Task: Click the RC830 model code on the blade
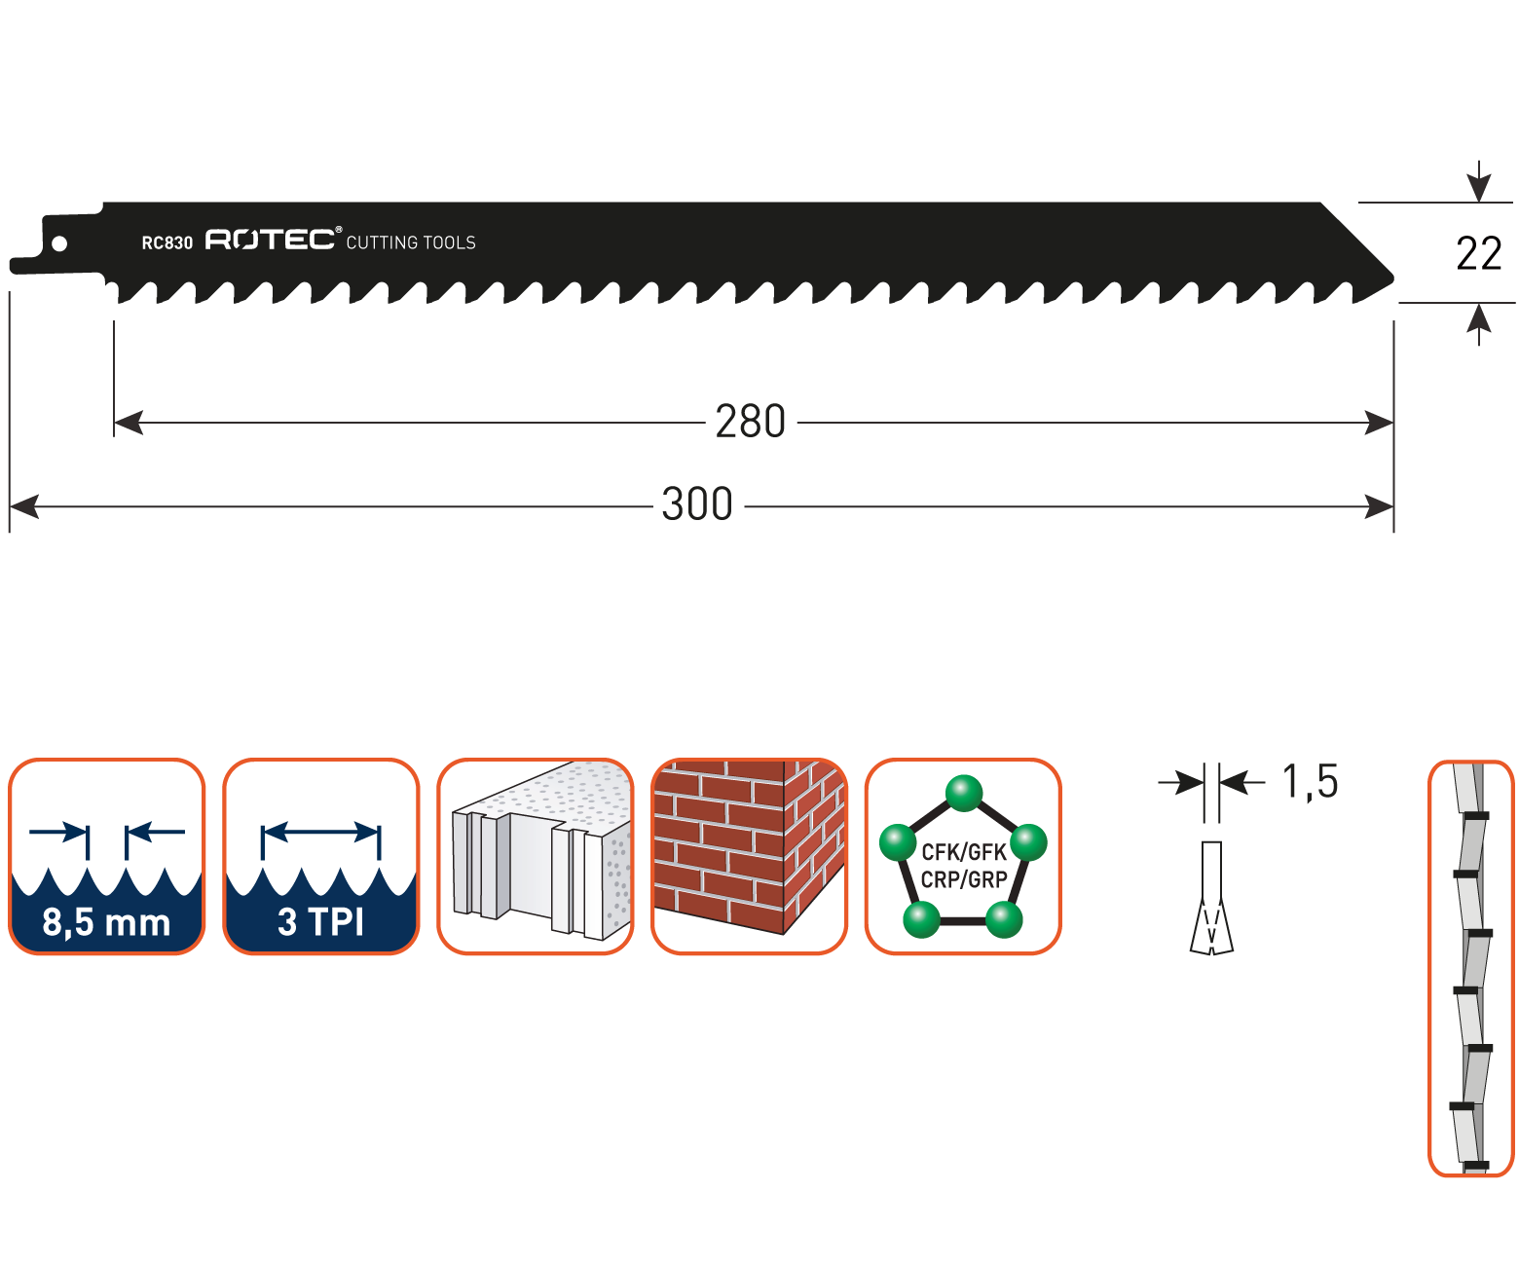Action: (x=167, y=242)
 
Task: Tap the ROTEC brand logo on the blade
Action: (x=272, y=240)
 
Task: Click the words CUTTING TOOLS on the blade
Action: (x=411, y=242)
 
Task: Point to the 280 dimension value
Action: (x=750, y=423)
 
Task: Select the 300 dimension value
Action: (x=696, y=505)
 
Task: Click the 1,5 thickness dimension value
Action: (x=1310, y=781)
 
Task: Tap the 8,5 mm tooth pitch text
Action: (x=106, y=922)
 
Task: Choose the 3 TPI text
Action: (x=320, y=922)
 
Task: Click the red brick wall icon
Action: (x=749, y=856)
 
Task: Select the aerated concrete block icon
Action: (x=536, y=856)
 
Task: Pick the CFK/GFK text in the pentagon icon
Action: (x=963, y=853)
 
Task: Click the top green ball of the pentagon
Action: (x=964, y=793)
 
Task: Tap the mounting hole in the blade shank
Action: (x=59, y=243)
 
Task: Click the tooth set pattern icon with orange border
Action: (x=1470, y=968)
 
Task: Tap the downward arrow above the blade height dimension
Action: (x=1479, y=183)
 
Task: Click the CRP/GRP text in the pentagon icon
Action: (x=963, y=880)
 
